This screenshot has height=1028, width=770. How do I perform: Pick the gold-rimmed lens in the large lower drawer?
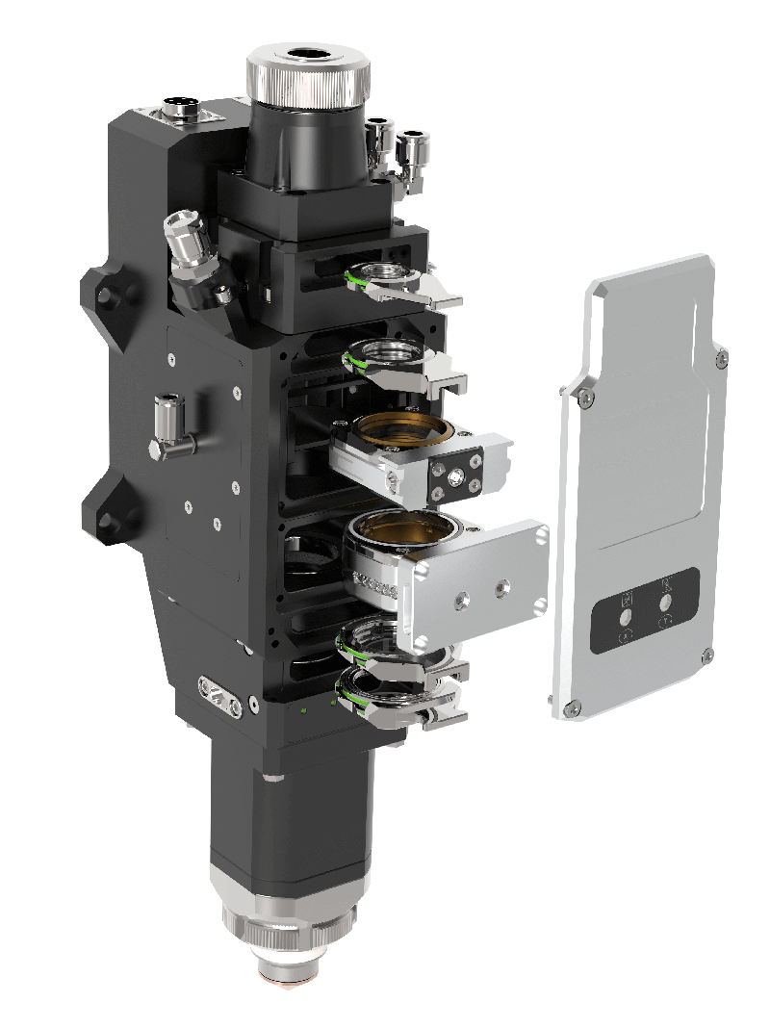coord(399,528)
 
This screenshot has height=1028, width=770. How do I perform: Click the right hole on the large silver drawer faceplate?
coord(500,585)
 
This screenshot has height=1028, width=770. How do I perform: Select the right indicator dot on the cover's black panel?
coord(665,602)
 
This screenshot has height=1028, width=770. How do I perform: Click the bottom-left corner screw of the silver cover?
coord(575,708)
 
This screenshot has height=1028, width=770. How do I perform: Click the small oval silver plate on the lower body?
coord(219,694)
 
